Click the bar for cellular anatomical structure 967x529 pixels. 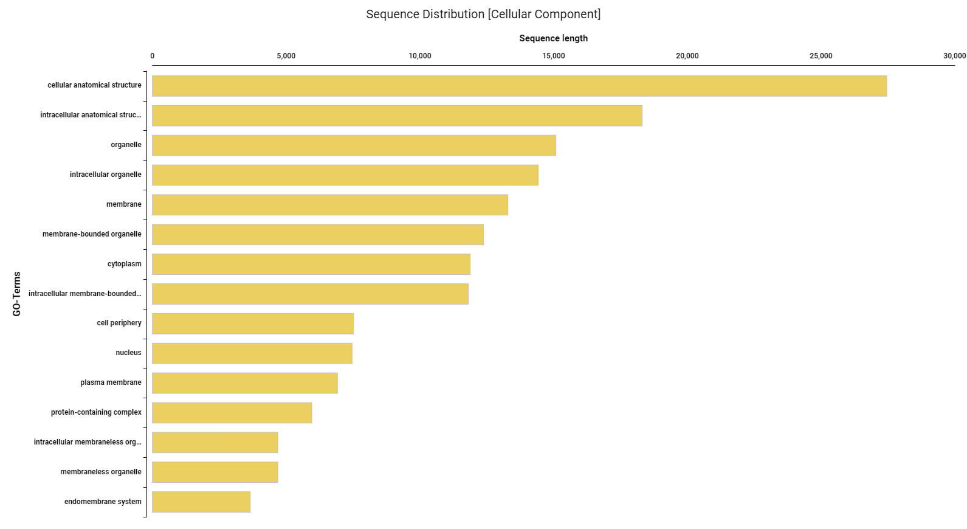519,86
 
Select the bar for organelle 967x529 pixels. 354,145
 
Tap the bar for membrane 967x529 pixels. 330,205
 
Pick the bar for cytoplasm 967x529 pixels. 311,264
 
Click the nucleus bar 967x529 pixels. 252,353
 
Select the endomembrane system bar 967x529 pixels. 201,502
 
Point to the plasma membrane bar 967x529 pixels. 245,383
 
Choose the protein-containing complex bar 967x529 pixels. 232,413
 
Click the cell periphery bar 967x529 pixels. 253,323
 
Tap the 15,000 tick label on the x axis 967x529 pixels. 553,56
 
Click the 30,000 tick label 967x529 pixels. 954,56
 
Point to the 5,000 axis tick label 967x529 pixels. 286,56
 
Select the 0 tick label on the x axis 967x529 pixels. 153,56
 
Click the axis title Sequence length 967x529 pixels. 553,38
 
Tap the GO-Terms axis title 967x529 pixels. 17,294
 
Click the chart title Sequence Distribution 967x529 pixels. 483,14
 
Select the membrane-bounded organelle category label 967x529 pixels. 92,234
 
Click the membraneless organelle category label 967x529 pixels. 101,472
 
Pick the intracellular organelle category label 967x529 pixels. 105,175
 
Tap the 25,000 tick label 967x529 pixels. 821,56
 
